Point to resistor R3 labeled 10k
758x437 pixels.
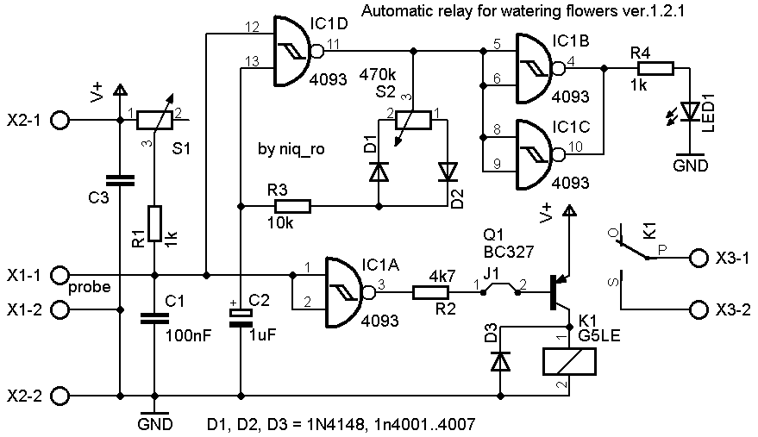click(291, 206)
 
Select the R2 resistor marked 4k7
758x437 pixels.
click(432, 292)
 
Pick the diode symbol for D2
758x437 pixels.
click(447, 172)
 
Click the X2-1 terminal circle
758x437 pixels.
click(60, 120)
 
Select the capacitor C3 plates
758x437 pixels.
click(118, 180)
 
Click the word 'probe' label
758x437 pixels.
click(90, 287)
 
